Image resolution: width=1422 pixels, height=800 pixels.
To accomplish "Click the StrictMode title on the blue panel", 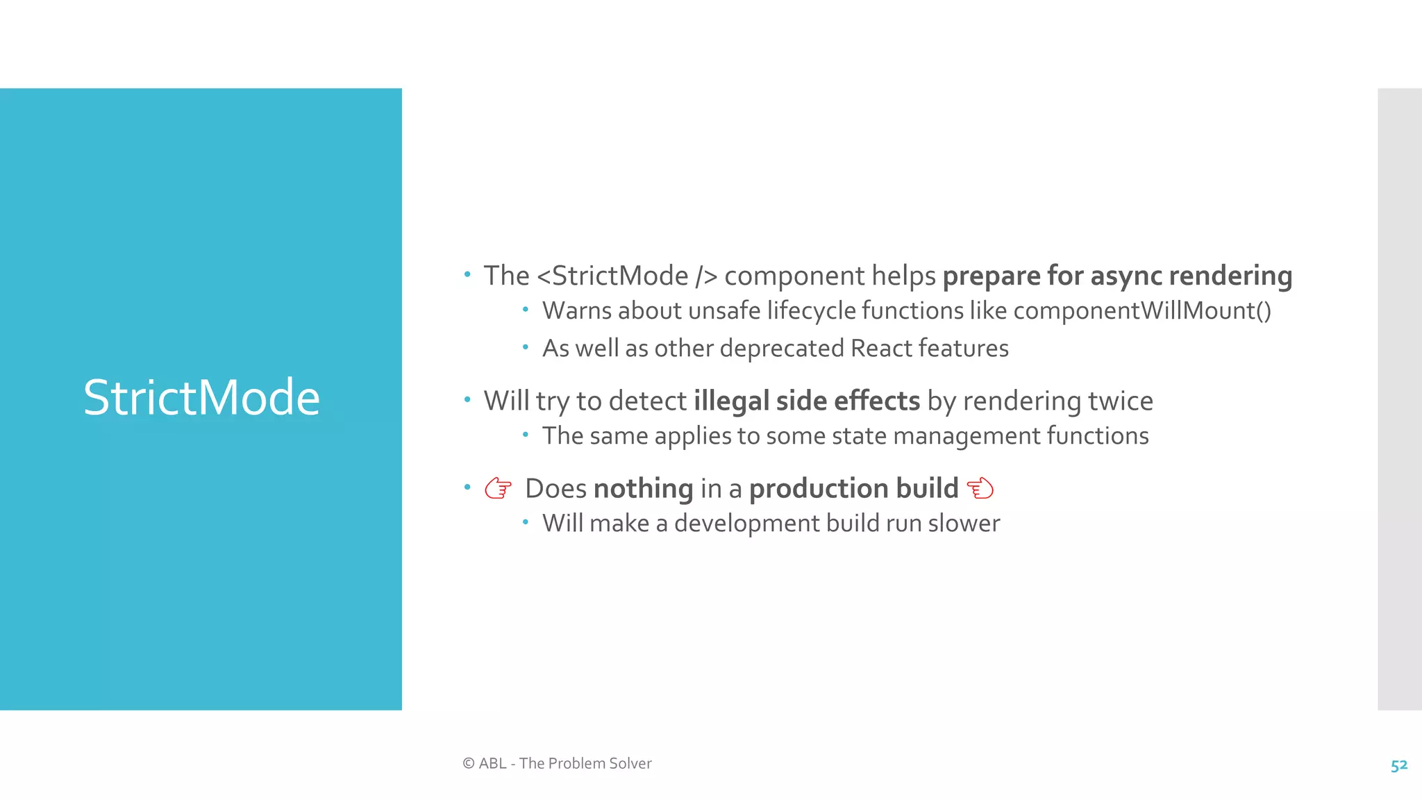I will [201, 398].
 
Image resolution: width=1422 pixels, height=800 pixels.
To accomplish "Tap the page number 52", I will [1398, 765].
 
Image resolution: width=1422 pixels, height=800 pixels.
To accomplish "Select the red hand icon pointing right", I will [498, 488].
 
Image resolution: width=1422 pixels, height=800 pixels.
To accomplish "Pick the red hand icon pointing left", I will [980, 488].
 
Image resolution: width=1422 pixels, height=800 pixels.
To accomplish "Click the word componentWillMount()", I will [1142, 310].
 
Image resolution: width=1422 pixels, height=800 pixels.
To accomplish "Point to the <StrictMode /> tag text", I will [627, 276].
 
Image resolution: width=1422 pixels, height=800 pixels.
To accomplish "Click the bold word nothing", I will [643, 489].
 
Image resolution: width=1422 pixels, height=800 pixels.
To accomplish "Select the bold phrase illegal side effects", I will [807, 401].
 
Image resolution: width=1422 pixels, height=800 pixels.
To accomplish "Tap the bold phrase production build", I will [853, 489].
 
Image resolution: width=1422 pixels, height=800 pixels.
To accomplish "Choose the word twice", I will [1120, 401].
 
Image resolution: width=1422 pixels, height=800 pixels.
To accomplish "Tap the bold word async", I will [1126, 276].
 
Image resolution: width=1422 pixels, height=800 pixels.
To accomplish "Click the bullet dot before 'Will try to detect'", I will [467, 399].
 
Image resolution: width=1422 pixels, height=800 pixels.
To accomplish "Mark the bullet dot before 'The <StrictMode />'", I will [467, 274].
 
